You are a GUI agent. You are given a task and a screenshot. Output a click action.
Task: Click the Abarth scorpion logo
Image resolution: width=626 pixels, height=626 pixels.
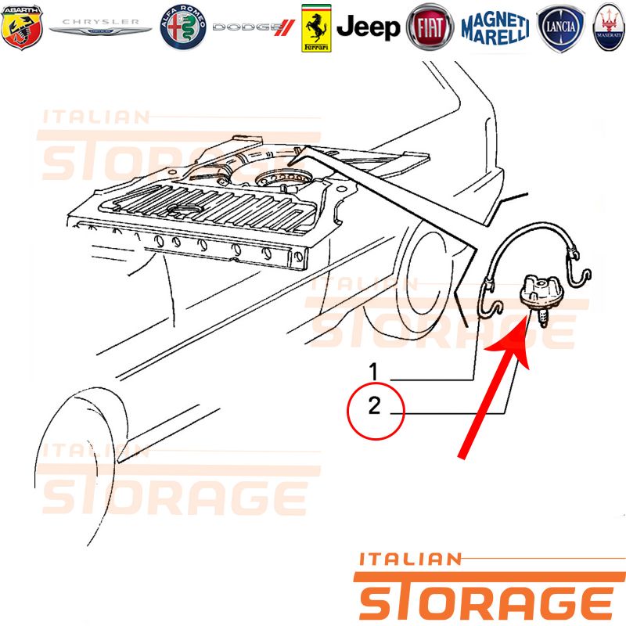[22, 27]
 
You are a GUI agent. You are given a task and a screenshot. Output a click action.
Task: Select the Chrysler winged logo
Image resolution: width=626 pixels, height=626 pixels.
[100, 27]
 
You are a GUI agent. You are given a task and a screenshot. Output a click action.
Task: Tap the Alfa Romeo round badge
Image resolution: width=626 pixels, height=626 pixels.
[183, 27]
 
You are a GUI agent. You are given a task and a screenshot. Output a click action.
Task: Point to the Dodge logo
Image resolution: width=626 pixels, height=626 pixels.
[254, 27]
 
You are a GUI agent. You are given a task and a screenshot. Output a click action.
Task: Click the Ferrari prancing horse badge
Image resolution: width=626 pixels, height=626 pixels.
[316, 28]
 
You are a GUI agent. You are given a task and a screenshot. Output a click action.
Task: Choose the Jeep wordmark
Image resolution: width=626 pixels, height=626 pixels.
[368, 27]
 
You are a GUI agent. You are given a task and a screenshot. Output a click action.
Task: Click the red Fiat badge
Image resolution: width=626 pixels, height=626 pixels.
[430, 27]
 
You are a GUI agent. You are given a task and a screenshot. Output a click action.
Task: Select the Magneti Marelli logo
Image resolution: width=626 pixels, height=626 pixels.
[495, 27]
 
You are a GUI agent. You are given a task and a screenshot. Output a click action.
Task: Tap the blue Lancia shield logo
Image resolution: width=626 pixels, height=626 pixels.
[560, 28]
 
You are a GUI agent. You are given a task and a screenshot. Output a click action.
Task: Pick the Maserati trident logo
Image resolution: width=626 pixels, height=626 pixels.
[609, 27]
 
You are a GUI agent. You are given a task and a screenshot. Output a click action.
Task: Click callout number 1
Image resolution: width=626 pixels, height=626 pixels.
[373, 371]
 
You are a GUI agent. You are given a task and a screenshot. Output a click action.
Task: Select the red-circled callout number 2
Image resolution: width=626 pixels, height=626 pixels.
[375, 405]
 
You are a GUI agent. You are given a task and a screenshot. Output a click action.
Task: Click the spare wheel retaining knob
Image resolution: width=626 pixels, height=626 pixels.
[538, 292]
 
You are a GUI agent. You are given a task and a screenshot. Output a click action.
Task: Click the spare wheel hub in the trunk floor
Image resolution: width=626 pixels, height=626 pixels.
[284, 179]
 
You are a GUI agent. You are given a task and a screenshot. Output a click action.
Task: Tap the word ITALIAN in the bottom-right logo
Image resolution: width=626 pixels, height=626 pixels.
[410, 559]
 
